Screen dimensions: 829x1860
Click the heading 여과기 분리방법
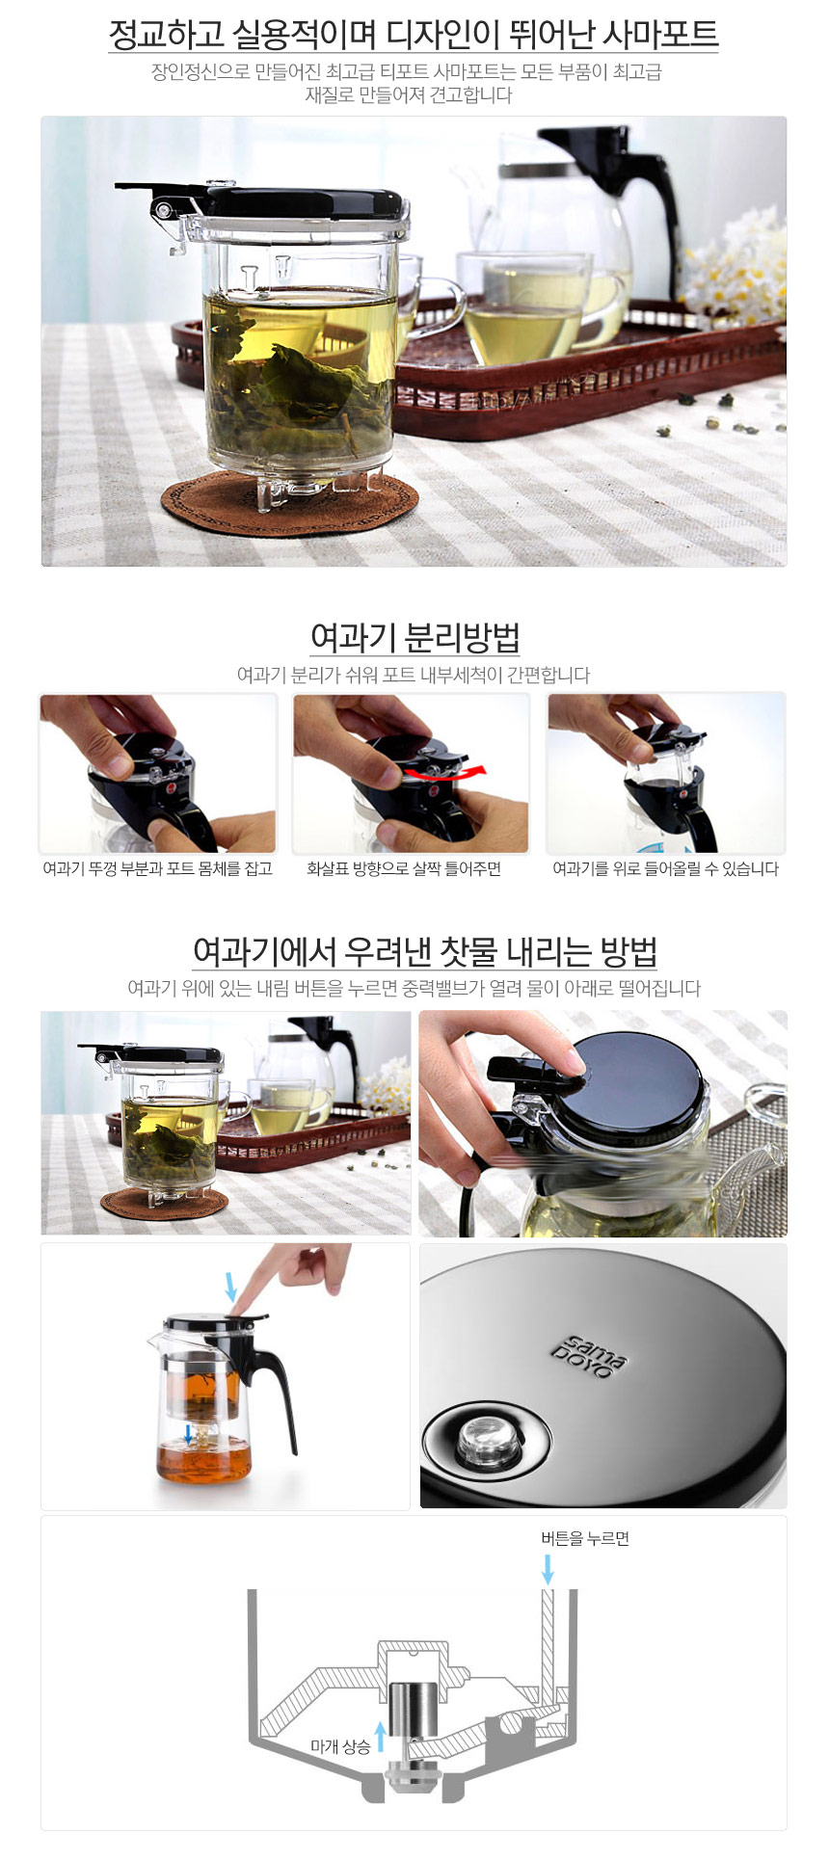(414, 637)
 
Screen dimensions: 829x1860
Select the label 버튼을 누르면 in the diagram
(585, 1538)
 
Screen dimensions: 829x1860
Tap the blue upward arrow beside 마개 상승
(381, 1737)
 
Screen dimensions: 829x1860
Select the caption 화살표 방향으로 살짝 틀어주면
(404, 869)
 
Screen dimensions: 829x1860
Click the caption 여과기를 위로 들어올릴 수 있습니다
(665, 869)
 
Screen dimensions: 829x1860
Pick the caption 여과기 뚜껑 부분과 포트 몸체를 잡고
(157, 869)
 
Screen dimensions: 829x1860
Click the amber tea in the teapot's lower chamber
(203, 1461)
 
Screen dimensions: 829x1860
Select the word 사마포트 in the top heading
(660, 35)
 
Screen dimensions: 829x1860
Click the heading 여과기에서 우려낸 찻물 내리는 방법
(425, 951)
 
